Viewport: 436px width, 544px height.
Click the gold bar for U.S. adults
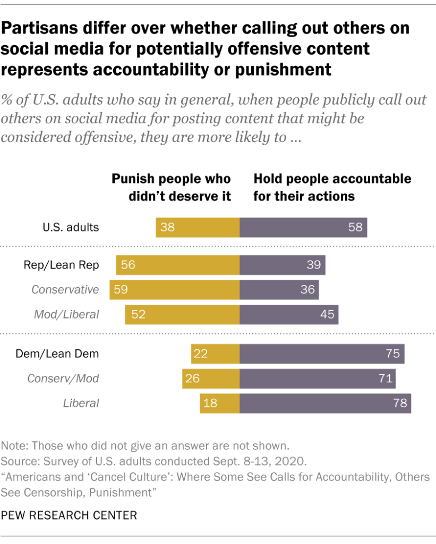[x=198, y=227]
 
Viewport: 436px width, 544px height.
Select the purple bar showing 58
[x=303, y=227]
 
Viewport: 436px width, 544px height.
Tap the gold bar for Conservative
[x=175, y=290]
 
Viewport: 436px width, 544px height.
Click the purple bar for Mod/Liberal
[x=289, y=314]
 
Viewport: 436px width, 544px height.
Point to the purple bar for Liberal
[x=325, y=403]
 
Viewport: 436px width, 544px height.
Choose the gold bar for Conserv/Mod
[x=211, y=379]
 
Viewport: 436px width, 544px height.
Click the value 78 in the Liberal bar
[x=399, y=403]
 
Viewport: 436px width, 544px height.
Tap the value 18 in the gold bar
[x=211, y=403]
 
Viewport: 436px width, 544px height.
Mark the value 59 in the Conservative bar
[x=121, y=290]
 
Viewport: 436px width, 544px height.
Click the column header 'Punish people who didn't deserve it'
[x=171, y=187]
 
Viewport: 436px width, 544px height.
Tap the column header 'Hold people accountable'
[x=332, y=187]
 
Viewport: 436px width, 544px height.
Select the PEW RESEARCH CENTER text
[x=70, y=515]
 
